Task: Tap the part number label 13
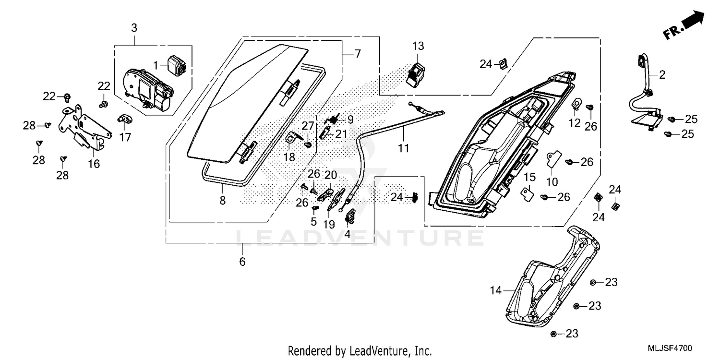(x=418, y=47)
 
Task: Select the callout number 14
(x=495, y=290)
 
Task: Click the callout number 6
(x=242, y=262)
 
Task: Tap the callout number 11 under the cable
(x=403, y=148)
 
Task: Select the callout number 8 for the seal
(x=222, y=201)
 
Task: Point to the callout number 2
(x=662, y=74)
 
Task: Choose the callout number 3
(x=134, y=28)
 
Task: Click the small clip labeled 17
(x=124, y=118)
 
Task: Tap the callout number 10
(x=552, y=181)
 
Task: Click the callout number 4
(x=348, y=235)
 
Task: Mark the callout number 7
(x=357, y=54)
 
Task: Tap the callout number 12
(x=575, y=123)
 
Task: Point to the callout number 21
(x=341, y=134)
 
